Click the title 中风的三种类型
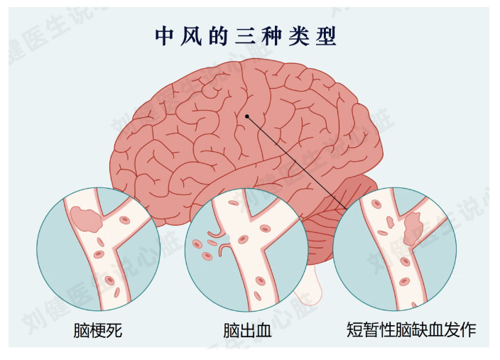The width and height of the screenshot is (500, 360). [246, 36]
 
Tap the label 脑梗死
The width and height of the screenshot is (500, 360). [98, 330]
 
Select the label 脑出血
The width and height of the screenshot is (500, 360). [247, 330]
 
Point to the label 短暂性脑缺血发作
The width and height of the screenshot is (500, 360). [412, 329]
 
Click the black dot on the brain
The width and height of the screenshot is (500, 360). [247, 116]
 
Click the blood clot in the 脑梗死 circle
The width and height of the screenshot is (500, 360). [86, 219]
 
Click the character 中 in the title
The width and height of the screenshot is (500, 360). [164, 37]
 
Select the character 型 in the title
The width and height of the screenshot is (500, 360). [326, 37]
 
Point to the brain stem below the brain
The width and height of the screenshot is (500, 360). [308, 284]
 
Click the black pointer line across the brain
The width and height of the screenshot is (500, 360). [297, 163]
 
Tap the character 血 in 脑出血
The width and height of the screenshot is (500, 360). [263, 330]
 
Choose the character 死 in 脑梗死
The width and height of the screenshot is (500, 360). [114, 330]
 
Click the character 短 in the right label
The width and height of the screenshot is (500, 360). [355, 329]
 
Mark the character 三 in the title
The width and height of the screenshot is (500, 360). [245, 37]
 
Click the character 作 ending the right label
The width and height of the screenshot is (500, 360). [469, 329]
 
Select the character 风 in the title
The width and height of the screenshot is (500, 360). [191, 37]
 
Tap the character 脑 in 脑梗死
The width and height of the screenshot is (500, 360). [82, 330]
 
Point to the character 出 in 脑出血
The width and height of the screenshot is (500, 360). [247, 330]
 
